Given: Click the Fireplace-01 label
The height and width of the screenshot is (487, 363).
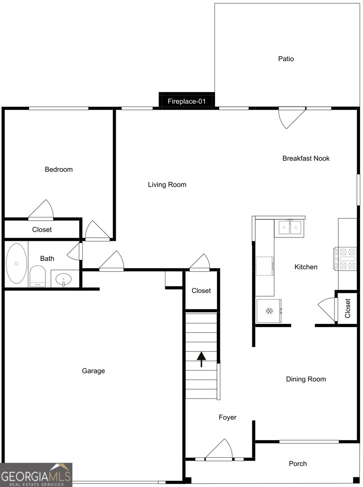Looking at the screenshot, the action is pos(187,101).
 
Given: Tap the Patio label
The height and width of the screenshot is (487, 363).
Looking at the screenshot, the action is pos(286,59).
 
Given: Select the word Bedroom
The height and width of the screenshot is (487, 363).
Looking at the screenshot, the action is pos(58,169).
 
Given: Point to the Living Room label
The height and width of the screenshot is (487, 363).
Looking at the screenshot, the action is pos(167,185).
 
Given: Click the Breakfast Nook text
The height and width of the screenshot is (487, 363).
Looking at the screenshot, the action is pos(306,158).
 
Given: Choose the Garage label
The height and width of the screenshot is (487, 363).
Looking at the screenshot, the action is pos(93,371).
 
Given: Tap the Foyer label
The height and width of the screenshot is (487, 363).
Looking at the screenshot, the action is pos(228,417).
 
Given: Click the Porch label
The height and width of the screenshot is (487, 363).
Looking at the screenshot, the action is pos(298,463).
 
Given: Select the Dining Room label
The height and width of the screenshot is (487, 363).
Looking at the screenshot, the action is pos(306,379).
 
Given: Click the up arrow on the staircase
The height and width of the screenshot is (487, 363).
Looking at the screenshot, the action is pos(201,359).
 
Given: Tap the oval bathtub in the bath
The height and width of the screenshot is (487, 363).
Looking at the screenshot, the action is pos(16,263).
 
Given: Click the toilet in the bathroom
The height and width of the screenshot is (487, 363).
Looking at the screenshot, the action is pos(37,276).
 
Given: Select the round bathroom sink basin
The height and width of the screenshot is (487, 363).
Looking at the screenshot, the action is pos(63,279).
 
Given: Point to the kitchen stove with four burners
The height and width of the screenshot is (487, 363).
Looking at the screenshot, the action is pos(345,259).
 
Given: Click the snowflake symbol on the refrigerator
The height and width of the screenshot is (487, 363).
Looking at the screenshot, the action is pos(269,311).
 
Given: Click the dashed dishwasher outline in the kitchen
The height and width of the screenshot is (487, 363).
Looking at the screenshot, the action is pos(264,266).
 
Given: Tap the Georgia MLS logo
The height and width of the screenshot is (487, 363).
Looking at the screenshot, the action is pos(36,475).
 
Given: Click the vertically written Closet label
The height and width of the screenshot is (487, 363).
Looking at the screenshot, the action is pos(348,308).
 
